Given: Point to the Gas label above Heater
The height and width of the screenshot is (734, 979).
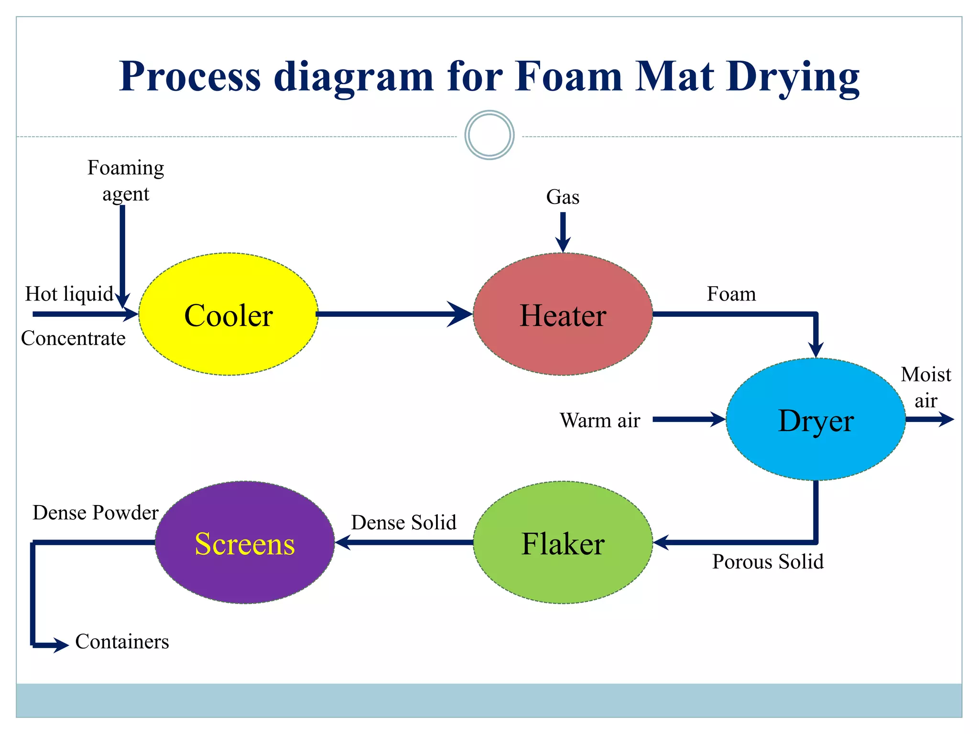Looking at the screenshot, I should point(563,197).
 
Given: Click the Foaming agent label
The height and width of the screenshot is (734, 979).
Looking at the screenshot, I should point(126,181).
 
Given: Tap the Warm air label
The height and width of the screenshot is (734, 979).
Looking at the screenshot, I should point(600,421).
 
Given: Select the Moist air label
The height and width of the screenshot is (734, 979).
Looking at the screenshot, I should point(926,387).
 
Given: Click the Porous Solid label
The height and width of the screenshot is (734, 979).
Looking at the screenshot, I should point(768,561).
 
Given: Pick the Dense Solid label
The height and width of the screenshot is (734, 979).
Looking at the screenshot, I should point(403,522).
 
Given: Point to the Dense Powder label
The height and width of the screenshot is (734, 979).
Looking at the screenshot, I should point(96,513).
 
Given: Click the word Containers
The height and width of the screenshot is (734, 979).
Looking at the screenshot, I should point(122,642).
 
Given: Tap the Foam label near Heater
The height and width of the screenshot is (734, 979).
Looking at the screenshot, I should point(731,294).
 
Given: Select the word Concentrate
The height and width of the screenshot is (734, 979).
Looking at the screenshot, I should point(73,338).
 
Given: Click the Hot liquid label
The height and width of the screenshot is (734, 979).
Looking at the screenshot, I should point(69,294).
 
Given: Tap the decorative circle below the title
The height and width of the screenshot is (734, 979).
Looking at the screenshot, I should point(489,135).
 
